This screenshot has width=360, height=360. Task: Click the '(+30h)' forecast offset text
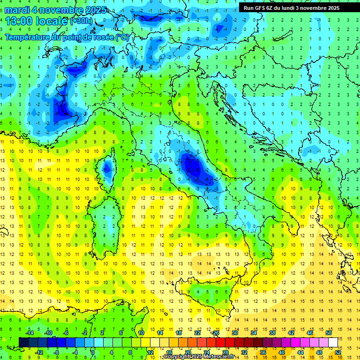coord(81,21)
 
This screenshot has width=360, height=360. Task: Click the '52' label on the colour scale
coord(338,352)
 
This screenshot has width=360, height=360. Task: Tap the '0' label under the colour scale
coord(93,352)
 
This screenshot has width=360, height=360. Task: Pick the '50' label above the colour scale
coord(329,333)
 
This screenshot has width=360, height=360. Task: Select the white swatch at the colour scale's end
coord(333,342)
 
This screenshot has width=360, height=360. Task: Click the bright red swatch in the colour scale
coord(221,342)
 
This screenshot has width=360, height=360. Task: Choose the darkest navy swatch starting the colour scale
coord(23,342)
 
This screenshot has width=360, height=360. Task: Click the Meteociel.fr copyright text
coord(199,357)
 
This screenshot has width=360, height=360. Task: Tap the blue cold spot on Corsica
coord(107,167)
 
